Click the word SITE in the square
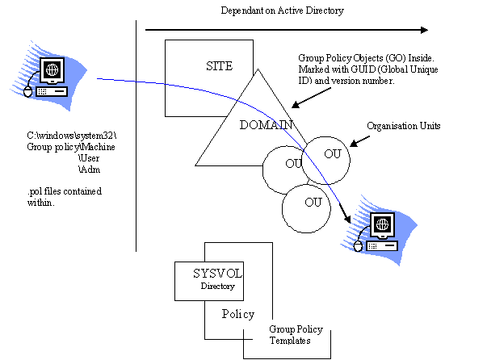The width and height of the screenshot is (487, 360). [x=220, y=66]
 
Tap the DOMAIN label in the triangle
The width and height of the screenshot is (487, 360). [x=267, y=125]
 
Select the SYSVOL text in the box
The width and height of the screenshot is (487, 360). [x=217, y=274]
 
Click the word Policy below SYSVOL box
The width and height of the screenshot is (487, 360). [x=238, y=314]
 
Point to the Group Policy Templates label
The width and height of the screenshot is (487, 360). [x=296, y=334]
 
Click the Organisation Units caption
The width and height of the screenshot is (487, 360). [x=404, y=126]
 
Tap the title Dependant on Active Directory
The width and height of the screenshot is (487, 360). [x=283, y=10]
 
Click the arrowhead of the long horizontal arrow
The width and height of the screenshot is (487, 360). [x=424, y=30]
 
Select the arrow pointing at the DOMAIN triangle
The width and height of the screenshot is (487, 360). [x=311, y=98]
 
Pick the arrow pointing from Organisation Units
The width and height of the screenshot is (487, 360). [x=359, y=141]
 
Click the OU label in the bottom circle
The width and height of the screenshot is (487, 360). [x=313, y=203]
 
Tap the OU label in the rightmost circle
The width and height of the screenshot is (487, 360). [x=333, y=153]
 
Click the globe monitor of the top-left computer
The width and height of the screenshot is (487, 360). [x=52, y=70]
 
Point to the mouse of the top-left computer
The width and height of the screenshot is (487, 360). [x=28, y=91]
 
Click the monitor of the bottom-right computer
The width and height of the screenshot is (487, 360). [x=383, y=225]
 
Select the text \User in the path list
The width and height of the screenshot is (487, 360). [x=89, y=158]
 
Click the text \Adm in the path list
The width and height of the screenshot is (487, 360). [x=89, y=170]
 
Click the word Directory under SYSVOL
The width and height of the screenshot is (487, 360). [x=217, y=286]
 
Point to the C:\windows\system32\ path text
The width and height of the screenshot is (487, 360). [x=71, y=136]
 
